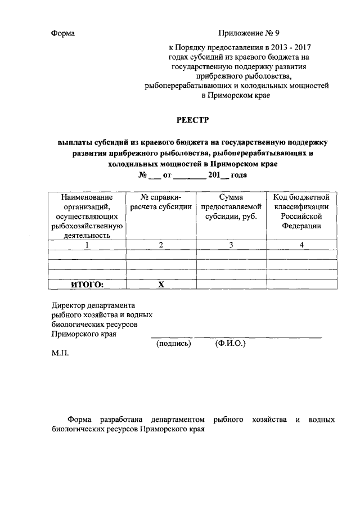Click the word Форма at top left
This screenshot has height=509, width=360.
[x=62, y=33]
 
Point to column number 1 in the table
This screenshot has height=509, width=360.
[x=87, y=245]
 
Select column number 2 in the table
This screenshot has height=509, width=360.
[x=161, y=245]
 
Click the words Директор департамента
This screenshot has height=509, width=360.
[x=90, y=305]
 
